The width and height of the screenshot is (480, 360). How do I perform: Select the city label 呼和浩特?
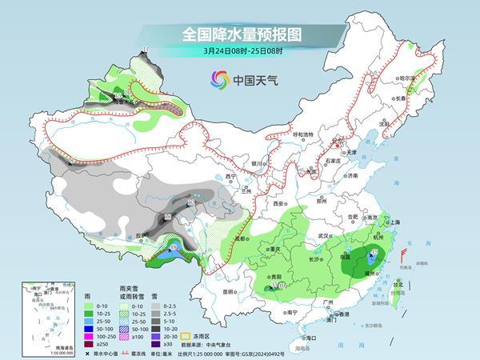pyautogui.click(x=301, y=134)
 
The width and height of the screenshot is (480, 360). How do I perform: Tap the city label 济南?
pyautogui.click(x=353, y=176)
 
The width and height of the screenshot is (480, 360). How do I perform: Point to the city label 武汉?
pyautogui.click(x=324, y=235)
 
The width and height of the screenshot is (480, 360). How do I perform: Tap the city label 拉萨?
pyautogui.click(x=141, y=235)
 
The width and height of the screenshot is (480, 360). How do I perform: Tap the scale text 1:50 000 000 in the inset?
pyautogui.click(x=41, y=353)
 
